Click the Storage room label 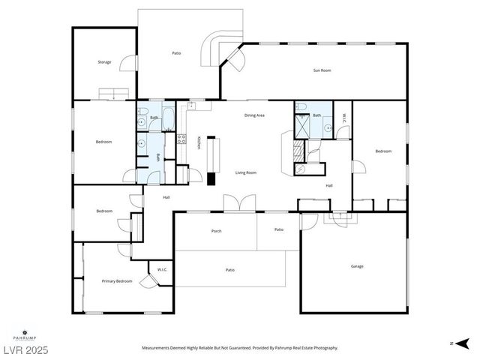pyautogui.click(x=104, y=62)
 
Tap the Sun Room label pyautogui.click(x=322, y=70)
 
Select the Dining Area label pyautogui.click(x=254, y=115)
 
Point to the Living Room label pyautogui.click(x=246, y=172)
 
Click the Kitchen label pyautogui.click(x=198, y=142)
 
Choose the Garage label pyautogui.click(x=357, y=266)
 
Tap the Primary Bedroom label pyautogui.click(x=117, y=281)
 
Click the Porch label pyautogui.click(x=216, y=231)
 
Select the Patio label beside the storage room pyautogui.click(x=176, y=53)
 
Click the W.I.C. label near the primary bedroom pyautogui.click(x=161, y=269)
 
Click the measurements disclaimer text pyautogui.click(x=240, y=348)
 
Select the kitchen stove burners pyautogui.click(x=181, y=136)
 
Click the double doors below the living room pyautogui.click(x=240, y=203)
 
